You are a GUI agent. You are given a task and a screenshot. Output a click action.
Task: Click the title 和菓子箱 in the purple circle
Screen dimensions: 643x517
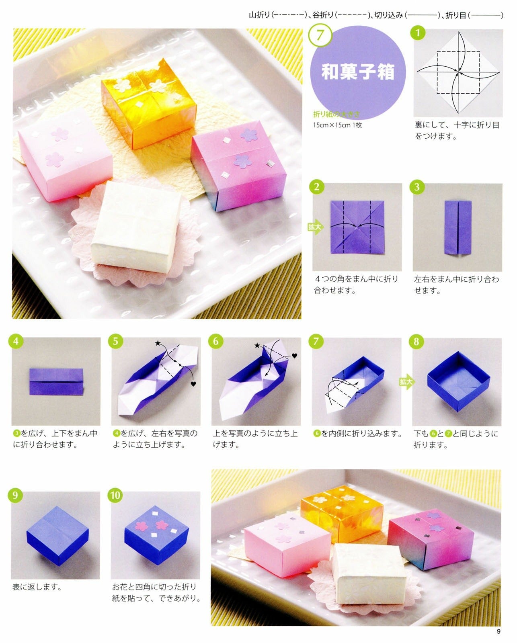coord(357,72)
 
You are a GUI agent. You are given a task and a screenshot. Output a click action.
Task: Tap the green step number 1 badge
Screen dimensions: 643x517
coord(418,33)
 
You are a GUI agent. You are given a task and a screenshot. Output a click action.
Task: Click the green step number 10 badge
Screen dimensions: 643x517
coord(115,495)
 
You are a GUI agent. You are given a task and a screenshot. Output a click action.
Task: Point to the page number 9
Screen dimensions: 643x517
coord(499,631)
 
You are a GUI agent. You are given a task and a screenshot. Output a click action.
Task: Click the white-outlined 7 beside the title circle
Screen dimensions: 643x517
coord(320,35)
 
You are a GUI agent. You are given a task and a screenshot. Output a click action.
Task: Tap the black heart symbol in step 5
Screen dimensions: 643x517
coord(193,384)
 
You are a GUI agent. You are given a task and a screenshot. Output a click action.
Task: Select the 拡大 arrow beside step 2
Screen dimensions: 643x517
coord(316,227)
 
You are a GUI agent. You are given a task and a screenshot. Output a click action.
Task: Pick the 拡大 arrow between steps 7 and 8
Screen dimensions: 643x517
coord(406,381)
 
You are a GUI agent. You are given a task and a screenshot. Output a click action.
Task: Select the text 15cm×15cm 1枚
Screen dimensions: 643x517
coord(337,125)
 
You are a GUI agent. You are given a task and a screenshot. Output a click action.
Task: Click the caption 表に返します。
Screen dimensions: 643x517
coord(37,587)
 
